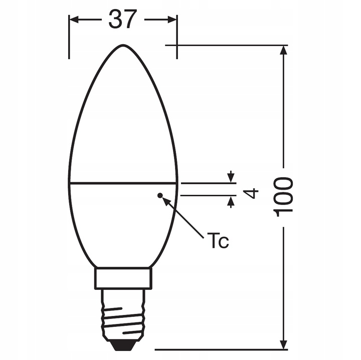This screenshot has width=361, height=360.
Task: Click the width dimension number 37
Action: point(123,20)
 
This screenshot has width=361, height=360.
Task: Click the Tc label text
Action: point(218,241)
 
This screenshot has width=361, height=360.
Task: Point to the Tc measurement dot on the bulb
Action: point(160,195)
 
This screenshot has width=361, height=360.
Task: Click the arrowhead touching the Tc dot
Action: point(166,201)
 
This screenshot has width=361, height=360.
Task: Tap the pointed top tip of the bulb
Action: point(123,45)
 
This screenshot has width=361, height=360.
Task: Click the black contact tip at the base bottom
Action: point(122,345)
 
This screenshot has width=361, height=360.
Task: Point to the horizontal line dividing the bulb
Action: point(122,182)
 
